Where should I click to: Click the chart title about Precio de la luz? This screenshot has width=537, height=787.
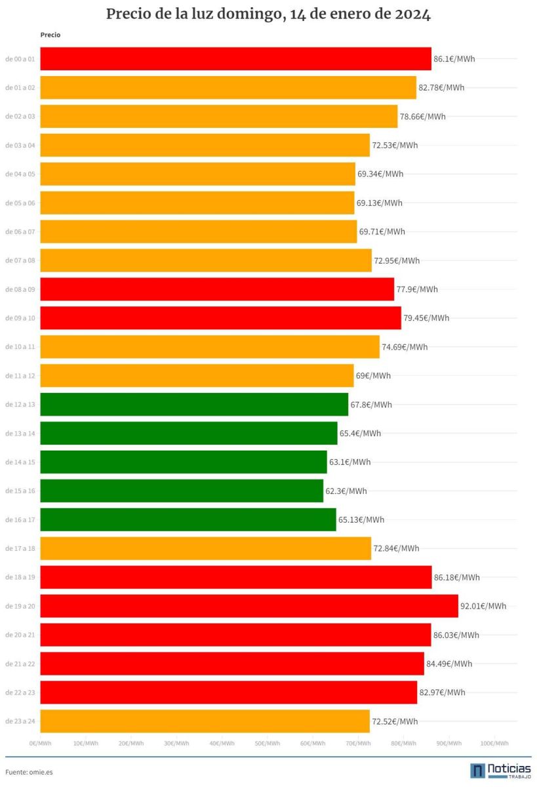(268, 14)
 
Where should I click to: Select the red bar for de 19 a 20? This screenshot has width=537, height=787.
(249, 606)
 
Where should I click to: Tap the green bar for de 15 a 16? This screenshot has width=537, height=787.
(182, 491)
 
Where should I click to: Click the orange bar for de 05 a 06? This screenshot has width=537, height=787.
(197, 203)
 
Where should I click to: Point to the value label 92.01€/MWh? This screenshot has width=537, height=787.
(483, 606)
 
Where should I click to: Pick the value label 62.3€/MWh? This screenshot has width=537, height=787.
(346, 491)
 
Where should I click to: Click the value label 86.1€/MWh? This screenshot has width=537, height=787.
(454, 58)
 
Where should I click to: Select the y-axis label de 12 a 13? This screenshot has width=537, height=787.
(20, 405)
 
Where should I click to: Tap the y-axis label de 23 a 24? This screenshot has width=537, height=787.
(20, 721)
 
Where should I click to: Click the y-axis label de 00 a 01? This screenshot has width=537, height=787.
(20, 58)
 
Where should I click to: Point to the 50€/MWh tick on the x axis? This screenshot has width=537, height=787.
(268, 743)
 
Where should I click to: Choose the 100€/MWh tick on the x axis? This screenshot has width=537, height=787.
(494, 743)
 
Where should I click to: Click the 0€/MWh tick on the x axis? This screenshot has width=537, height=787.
(40, 743)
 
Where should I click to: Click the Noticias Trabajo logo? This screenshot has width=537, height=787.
(500, 771)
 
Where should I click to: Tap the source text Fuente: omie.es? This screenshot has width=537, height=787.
(29, 772)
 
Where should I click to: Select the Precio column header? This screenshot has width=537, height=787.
(50, 35)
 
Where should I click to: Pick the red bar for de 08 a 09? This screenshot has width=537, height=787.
(217, 289)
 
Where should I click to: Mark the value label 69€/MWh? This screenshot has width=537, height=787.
(373, 376)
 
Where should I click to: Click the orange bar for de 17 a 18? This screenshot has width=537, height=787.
(205, 548)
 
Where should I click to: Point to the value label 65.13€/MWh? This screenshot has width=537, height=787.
(361, 519)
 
